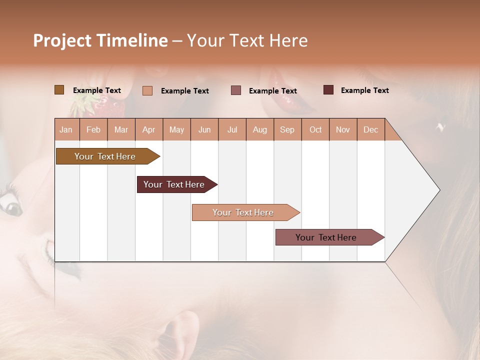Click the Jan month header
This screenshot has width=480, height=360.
[x=66, y=129]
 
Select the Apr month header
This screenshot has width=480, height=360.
[x=148, y=129]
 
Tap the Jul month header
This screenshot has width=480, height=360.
[x=232, y=129]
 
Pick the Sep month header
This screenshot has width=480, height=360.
[x=287, y=129]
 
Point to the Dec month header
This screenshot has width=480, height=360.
[x=370, y=129]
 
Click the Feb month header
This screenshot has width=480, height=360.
[x=93, y=129]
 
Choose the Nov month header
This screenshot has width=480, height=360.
[x=342, y=129]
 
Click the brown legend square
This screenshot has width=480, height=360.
[x=59, y=90]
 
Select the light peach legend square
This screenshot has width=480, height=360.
[x=147, y=90]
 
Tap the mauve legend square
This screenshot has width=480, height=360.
[x=236, y=90]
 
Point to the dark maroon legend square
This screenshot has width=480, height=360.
[x=328, y=90]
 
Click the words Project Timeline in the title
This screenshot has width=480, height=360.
[x=100, y=40]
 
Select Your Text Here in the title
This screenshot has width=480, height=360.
[x=247, y=40]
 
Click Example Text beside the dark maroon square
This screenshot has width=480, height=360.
[x=364, y=90]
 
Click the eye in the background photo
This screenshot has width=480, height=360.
[x=11, y=203]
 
